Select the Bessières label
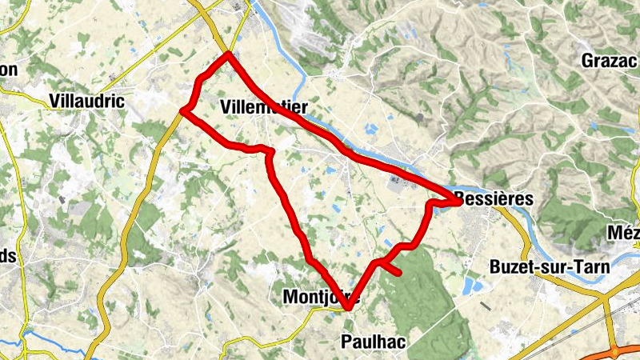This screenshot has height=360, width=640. coord(494,198)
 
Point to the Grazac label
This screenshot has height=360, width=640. coord(608,61)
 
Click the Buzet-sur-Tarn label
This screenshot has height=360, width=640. coord(550,266)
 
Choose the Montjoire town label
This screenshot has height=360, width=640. coord(320,297)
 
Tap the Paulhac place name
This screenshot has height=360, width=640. coord(373,342)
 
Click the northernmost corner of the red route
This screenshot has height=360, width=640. coord(229,54)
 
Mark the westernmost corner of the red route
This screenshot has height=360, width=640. coord(183,110)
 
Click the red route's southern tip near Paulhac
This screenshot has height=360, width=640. coord(349,308)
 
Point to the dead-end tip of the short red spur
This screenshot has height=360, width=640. coord(398,274)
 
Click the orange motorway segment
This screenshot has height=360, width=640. coord(615,351)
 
